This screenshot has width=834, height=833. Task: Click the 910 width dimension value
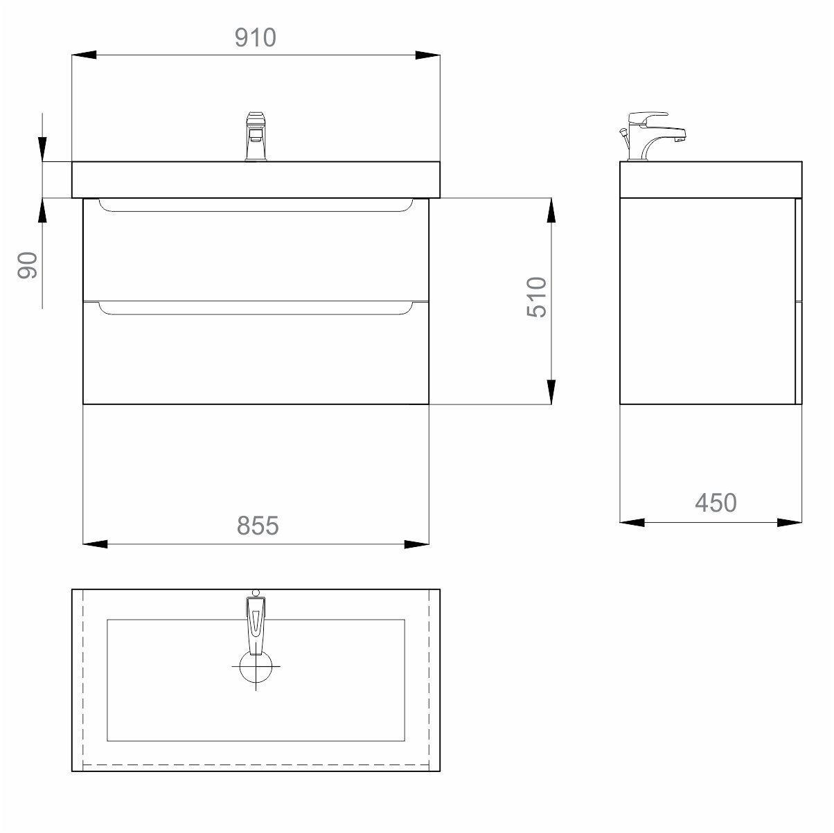256,37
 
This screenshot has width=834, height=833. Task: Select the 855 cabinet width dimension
258,526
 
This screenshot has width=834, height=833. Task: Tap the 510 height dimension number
537,297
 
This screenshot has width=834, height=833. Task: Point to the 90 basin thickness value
28,265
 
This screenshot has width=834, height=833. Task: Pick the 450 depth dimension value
716,503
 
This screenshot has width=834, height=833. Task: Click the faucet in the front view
256,136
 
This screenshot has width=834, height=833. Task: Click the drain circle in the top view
256,667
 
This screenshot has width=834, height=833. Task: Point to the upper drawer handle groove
256,206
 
